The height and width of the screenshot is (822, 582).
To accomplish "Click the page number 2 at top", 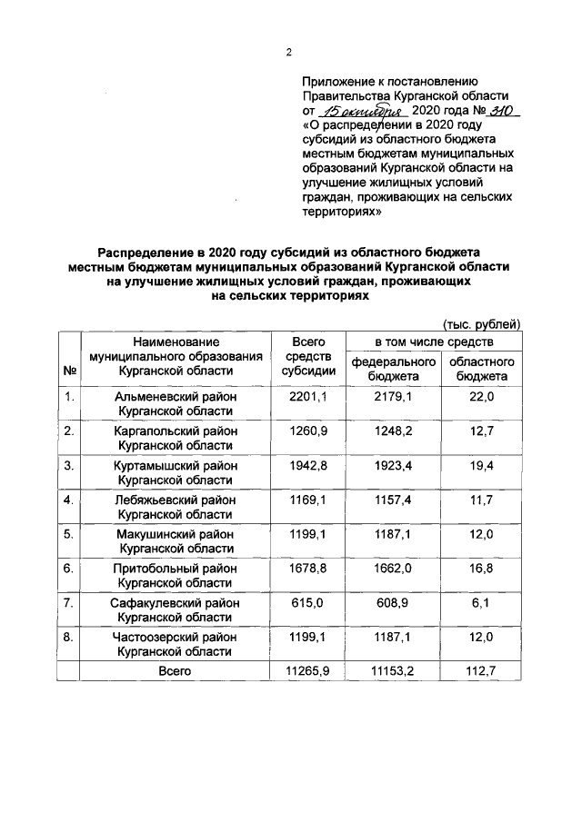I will click(x=288, y=52).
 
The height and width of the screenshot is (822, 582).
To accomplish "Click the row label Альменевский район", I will click(x=176, y=397).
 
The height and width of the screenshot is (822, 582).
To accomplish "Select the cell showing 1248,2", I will click(x=394, y=431).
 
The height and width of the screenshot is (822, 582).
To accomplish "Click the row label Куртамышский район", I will click(x=176, y=466).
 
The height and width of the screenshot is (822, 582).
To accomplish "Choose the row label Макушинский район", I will click(x=176, y=535).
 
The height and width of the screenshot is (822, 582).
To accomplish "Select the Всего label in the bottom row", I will click(x=174, y=670).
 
